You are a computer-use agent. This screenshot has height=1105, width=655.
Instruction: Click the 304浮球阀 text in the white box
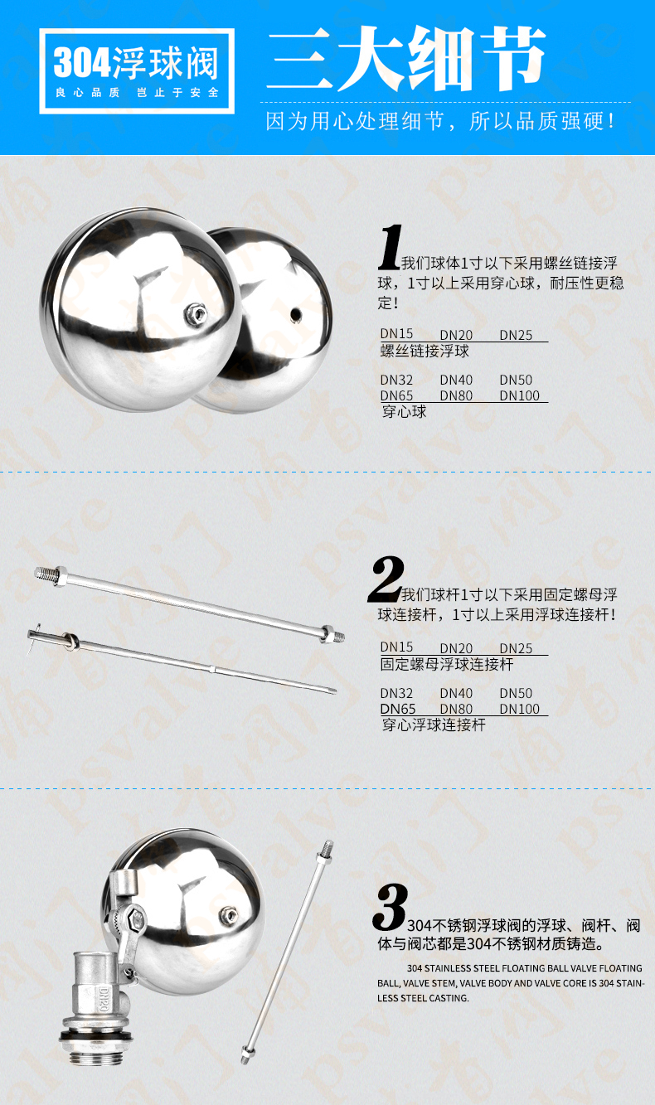tap(136, 63)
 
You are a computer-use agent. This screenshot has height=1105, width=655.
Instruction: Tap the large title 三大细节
tap(406, 59)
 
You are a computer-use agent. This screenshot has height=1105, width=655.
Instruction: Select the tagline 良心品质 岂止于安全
tap(137, 92)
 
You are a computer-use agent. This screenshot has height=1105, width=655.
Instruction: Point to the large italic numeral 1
tap(391, 247)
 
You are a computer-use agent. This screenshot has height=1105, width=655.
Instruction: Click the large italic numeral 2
tap(386, 579)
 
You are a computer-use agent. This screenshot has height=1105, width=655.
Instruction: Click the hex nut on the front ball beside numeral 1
tap(196, 314)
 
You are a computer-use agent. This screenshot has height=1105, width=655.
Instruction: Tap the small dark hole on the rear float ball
tap(296, 314)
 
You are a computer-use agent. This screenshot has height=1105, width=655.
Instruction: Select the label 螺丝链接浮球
tap(425, 351)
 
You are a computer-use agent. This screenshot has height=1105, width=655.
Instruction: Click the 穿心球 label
tap(404, 411)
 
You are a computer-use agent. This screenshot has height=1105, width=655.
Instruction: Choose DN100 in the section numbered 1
tap(519, 395)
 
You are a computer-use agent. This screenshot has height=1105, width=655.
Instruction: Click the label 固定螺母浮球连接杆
tap(447, 665)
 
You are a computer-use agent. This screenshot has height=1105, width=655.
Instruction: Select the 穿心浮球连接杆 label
tap(434, 725)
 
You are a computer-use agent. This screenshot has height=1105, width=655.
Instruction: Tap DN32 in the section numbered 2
tap(396, 693)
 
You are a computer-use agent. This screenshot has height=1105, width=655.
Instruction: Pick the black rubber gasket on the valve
tap(95, 1035)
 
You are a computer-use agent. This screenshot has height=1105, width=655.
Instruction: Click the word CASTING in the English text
tap(449, 998)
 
